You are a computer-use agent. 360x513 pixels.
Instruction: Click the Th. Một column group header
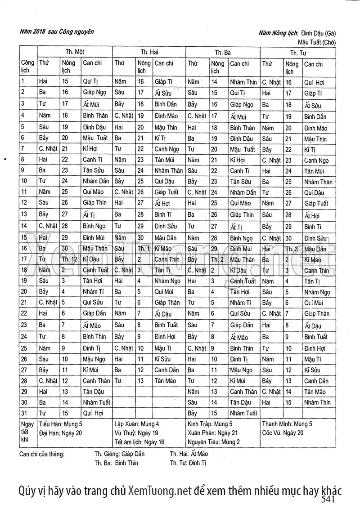[75, 52]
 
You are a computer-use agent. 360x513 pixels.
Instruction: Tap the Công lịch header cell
[27, 67]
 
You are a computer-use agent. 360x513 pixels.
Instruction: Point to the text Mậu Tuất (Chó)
[317, 40]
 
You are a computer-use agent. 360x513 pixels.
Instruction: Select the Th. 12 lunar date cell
[70, 260]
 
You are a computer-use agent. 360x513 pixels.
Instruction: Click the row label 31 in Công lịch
[24, 412]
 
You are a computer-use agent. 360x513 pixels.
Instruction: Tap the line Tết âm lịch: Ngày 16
[139, 442]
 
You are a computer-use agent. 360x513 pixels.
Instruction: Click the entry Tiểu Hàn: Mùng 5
[61, 424]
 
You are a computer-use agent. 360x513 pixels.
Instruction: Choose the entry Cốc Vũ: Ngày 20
[282, 433]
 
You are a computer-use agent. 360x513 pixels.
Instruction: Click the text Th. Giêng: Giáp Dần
[119, 454]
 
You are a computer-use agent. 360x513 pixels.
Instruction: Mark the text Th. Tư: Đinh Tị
[188, 463]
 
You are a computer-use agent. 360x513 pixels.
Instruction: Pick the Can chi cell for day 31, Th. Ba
[243, 413]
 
